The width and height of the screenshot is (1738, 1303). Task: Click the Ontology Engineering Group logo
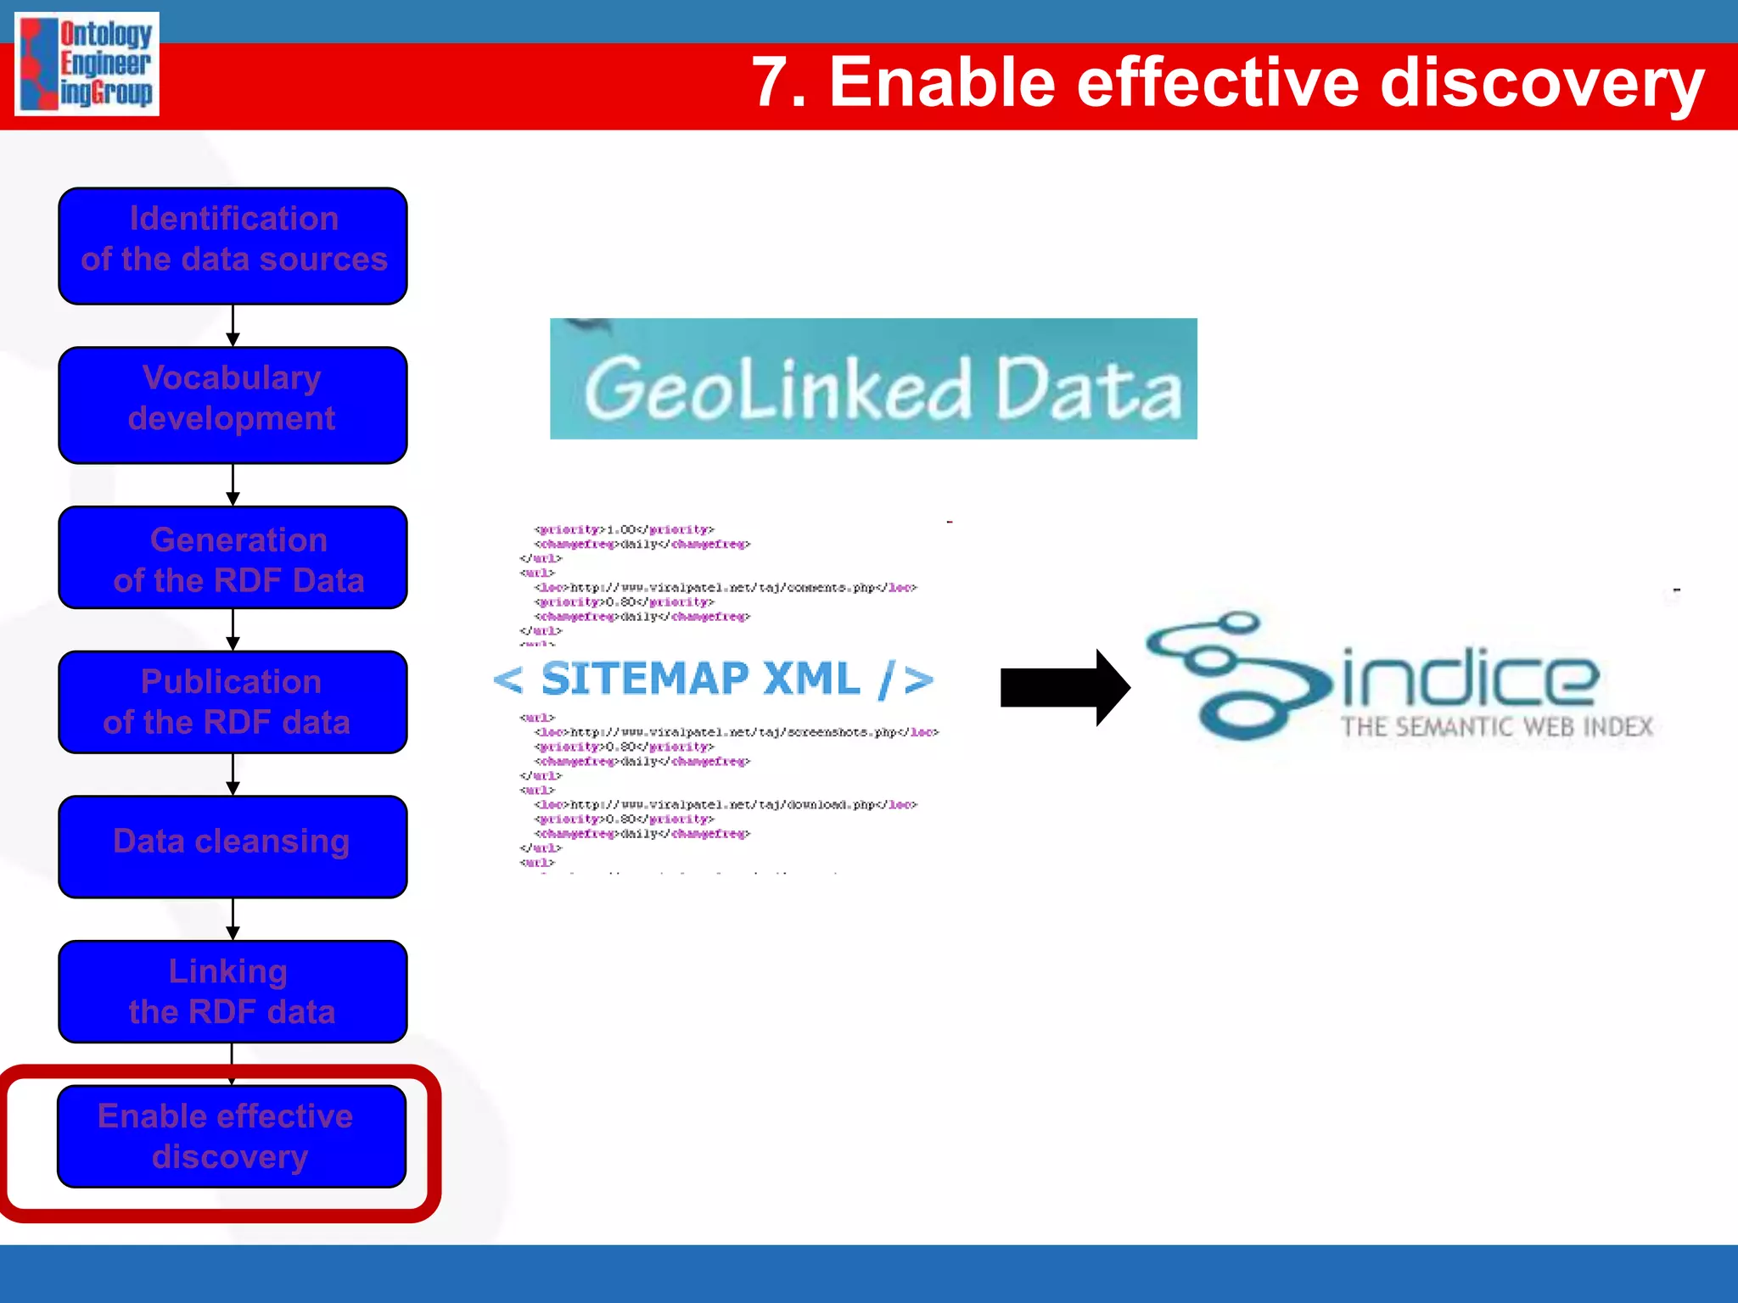click(x=87, y=64)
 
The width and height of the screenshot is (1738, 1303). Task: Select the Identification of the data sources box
click(x=233, y=246)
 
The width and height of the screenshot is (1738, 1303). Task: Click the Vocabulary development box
click(x=233, y=405)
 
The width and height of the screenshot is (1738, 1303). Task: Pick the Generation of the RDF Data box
click(x=233, y=557)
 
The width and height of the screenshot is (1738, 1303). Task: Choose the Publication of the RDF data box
click(x=233, y=702)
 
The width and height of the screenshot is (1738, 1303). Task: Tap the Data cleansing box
click(x=233, y=846)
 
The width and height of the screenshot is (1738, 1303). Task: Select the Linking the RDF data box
click(x=233, y=991)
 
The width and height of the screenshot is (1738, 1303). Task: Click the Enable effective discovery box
click(x=231, y=1136)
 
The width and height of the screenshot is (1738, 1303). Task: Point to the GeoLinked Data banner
click(x=873, y=379)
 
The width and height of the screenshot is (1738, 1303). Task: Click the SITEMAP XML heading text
click(x=713, y=679)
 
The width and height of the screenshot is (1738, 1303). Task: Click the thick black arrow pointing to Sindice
click(x=1064, y=687)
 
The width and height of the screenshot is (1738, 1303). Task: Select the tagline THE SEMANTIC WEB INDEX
click(x=1497, y=727)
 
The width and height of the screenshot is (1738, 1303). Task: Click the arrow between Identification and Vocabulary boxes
click(x=233, y=326)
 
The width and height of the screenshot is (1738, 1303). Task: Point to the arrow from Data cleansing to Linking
click(x=233, y=919)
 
